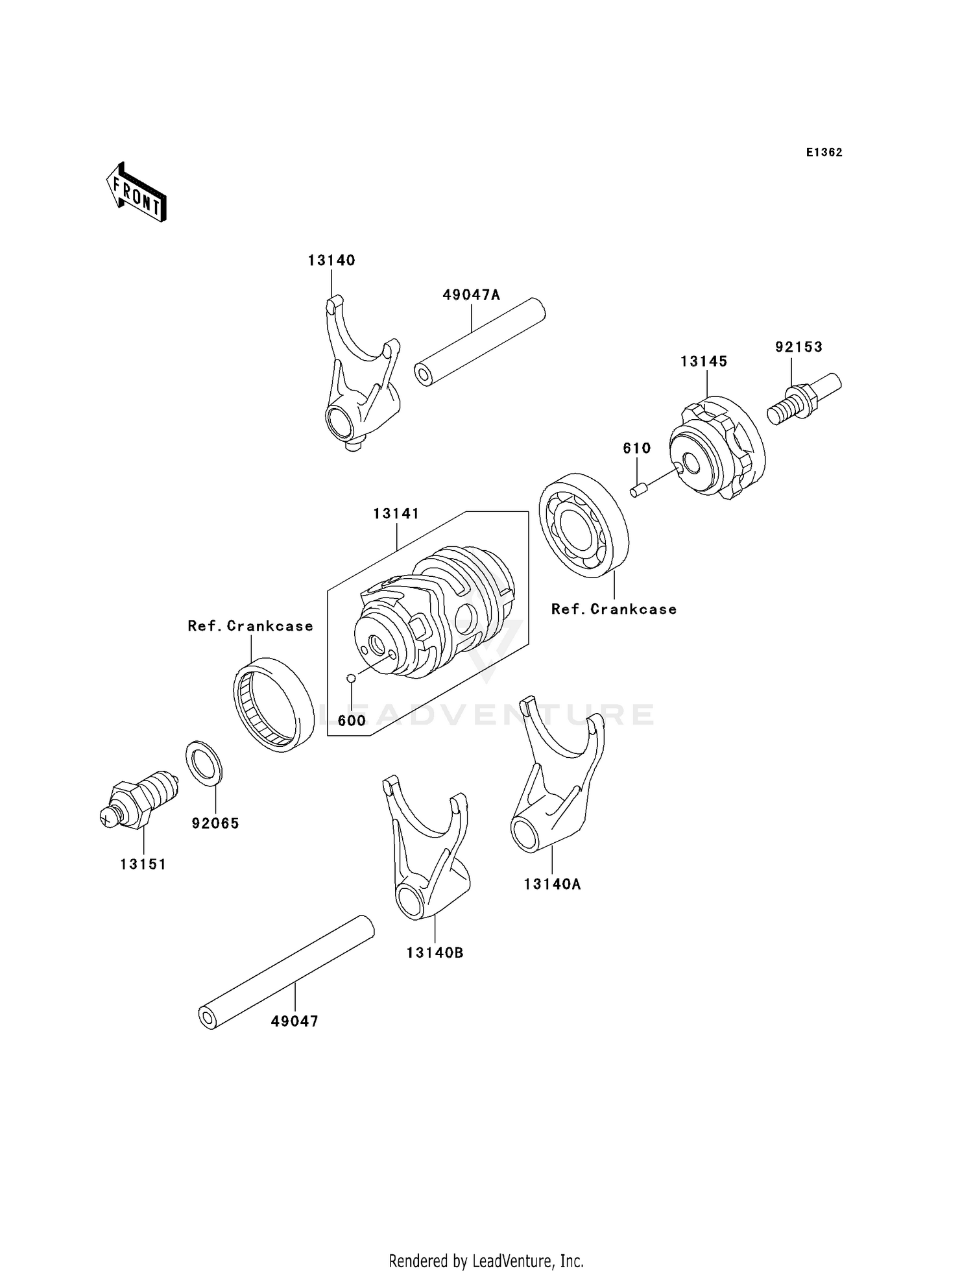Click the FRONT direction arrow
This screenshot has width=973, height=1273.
(x=137, y=193)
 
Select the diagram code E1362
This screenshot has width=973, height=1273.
(x=824, y=152)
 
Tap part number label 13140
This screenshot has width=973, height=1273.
(x=331, y=260)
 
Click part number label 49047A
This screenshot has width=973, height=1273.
(x=471, y=295)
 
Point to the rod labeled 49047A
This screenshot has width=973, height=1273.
(x=480, y=341)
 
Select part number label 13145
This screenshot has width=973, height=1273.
(x=704, y=361)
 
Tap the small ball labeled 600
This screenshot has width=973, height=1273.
(x=351, y=678)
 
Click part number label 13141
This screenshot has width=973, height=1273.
(x=396, y=514)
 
